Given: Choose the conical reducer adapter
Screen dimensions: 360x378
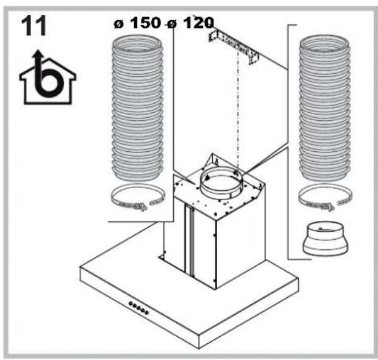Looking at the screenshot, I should point(326,240).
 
